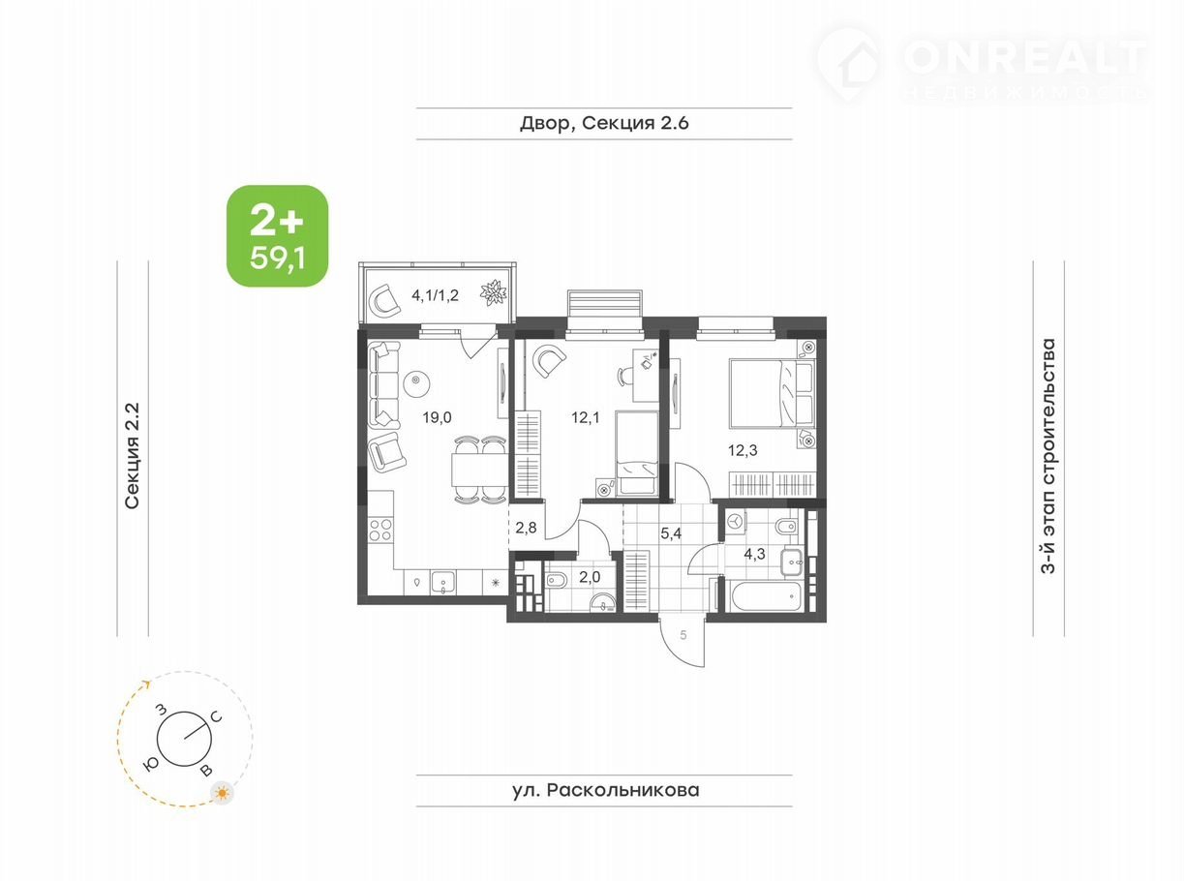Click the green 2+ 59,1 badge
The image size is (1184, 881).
(277, 235)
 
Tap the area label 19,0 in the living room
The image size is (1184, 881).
(437, 417)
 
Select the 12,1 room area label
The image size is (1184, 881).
(585, 417)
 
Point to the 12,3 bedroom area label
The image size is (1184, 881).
(743, 450)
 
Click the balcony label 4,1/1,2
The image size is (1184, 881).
(435, 295)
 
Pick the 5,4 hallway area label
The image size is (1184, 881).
(671, 532)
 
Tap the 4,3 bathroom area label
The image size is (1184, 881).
(754, 554)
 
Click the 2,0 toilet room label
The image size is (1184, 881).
(590, 577)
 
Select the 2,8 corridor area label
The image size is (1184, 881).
(526, 528)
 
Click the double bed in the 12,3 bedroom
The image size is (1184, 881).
(772, 393)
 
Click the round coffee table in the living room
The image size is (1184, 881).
(417, 383)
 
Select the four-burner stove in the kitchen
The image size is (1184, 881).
(380, 530)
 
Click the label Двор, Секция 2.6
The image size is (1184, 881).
(604, 123)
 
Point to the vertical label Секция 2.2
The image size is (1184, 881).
(132, 455)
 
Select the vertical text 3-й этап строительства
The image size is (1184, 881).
(1048, 456)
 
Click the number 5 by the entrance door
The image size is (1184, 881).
(683, 635)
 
